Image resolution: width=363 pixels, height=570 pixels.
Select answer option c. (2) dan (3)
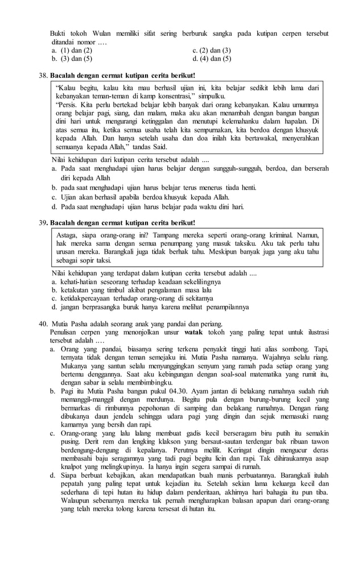coord(212,50)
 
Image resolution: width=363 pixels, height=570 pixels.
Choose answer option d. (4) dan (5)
coord(212,59)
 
